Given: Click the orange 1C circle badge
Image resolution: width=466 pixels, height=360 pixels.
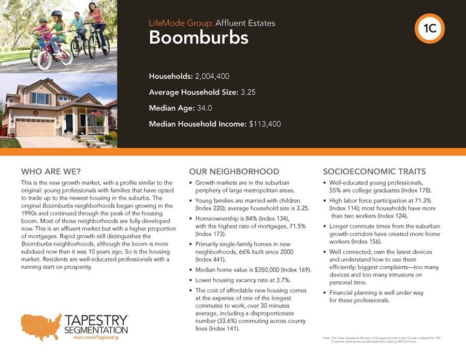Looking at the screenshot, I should pyautogui.click(x=429, y=30).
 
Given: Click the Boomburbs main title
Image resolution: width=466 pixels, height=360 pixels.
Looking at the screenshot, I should pyautogui.click(x=198, y=37).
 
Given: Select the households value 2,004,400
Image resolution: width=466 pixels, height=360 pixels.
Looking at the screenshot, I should pyautogui.click(x=212, y=77).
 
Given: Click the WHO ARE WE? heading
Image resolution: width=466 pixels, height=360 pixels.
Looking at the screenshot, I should pyautogui.click(x=51, y=171).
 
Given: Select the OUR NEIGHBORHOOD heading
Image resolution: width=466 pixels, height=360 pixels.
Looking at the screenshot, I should pyautogui.click(x=234, y=171).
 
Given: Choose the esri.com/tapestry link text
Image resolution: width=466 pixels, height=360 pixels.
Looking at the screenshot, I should pyautogui.click(x=97, y=338).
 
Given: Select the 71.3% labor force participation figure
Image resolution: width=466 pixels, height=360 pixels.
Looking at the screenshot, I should pyautogui.click(x=428, y=200).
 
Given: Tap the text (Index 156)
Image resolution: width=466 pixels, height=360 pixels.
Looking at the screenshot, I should pyautogui.click(x=367, y=241).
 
